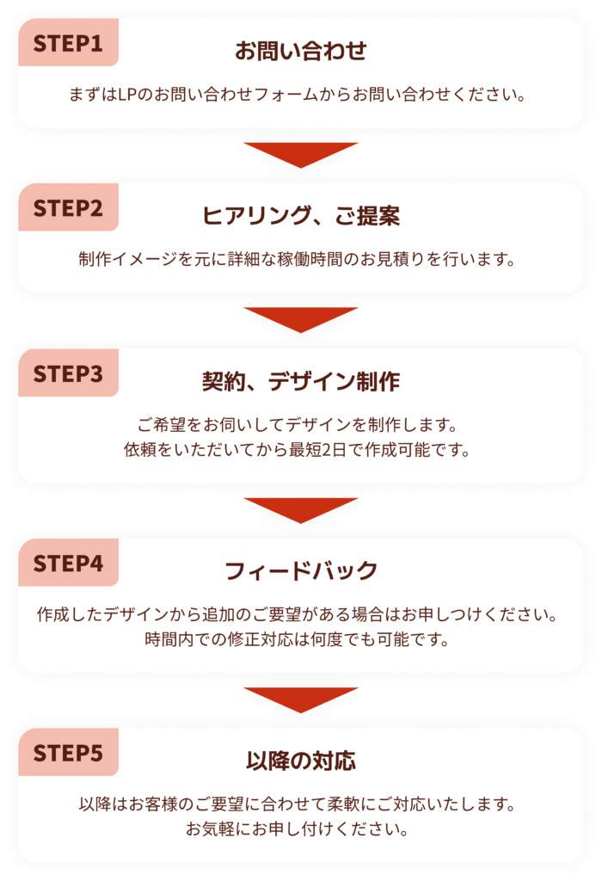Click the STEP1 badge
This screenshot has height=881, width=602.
coord(68,43)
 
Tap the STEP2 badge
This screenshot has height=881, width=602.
coord(68,208)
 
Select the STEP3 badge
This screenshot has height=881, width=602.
coord(68,374)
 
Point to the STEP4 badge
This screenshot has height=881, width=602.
coord(68,564)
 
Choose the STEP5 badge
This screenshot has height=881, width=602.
coord(68,754)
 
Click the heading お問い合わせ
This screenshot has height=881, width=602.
coord(301,51)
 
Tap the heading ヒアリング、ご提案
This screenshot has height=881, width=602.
coord(301,216)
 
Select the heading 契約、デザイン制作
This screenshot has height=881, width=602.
coord(301,381)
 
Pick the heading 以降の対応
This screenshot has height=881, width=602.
coord(301,761)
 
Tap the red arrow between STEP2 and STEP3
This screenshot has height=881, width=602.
coord(301,319)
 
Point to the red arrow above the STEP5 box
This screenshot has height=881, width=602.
coord(301,699)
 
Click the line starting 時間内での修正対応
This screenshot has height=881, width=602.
coord(301,639)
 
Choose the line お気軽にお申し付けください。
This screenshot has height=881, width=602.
coord(301,829)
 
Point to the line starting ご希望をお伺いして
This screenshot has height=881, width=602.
coord(301,425)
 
